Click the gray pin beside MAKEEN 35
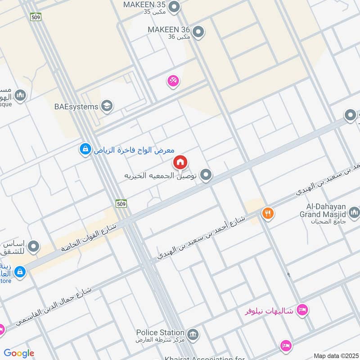coord(174,7)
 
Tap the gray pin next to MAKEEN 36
coord(198,32)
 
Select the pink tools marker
coord(173,81)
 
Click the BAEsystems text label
coord(76,107)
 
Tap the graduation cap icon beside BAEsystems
coord(107,106)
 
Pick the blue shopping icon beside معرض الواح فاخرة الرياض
coord(85,149)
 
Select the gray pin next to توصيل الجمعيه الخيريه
coord(206,175)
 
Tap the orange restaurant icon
coord(268,213)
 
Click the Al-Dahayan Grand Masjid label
coord(323,212)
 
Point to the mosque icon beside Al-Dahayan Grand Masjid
coord(354,211)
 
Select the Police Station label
coord(161,333)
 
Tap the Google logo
coord(19,354)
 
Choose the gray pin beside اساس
coord(33,247)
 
